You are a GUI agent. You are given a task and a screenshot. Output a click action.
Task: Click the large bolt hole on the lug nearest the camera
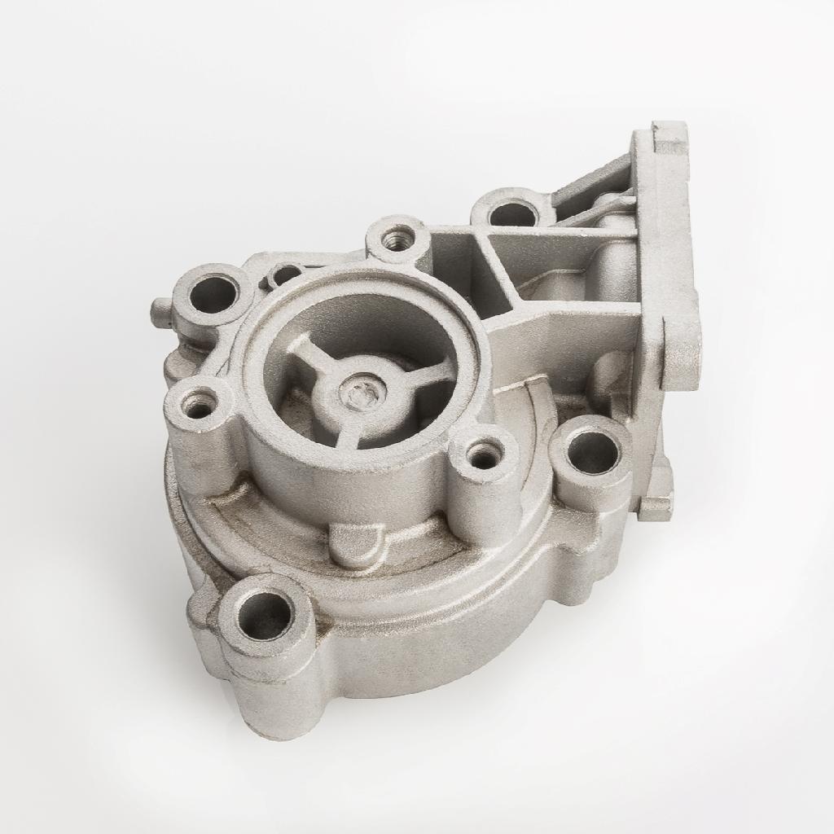pyautogui.click(x=265, y=615)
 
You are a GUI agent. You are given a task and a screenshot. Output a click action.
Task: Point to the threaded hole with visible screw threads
pyautogui.click(x=398, y=239)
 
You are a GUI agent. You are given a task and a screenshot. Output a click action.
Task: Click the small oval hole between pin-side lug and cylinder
pyautogui.click(x=285, y=274)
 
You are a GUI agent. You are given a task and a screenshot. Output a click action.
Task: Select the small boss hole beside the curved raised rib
pyautogui.click(x=485, y=454)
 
